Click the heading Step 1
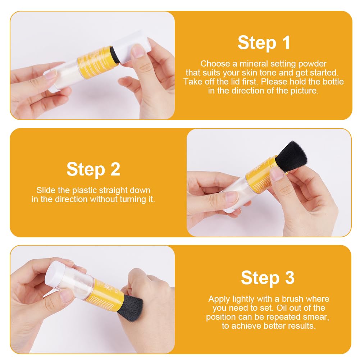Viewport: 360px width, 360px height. [x=264, y=43]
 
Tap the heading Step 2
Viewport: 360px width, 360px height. [x=93, y=169]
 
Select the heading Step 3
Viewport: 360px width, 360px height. [x=268, y=278]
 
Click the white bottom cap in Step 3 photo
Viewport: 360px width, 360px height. [x=53, y=275]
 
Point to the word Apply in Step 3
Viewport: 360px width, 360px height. [x=219, y=299]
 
